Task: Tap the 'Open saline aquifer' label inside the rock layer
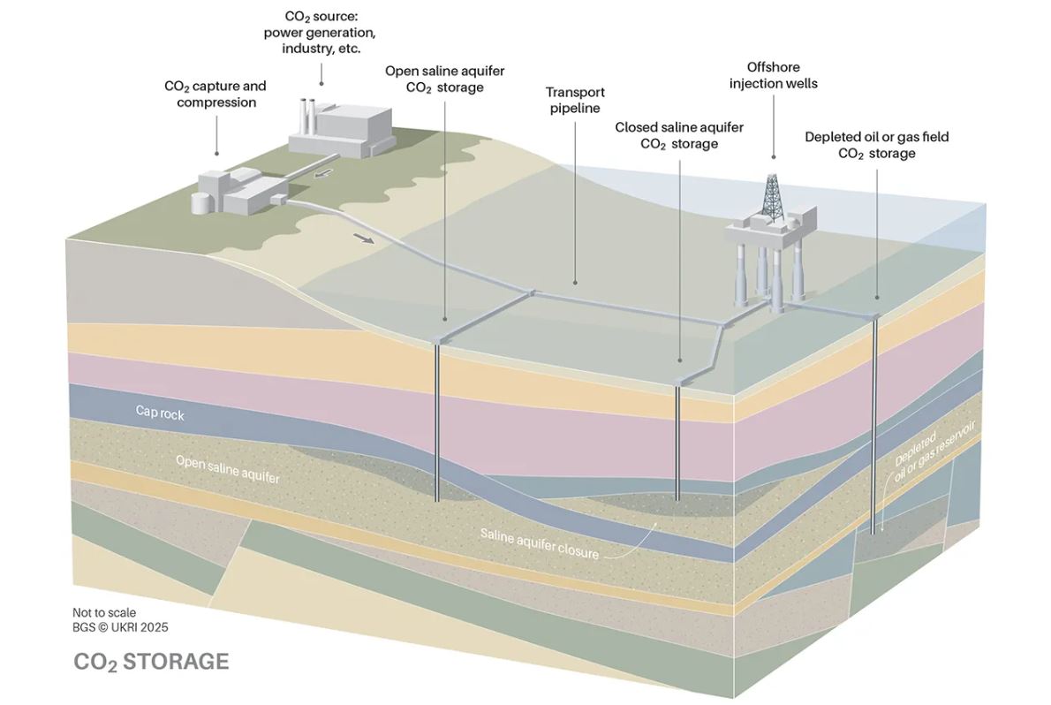(x=227, y=469)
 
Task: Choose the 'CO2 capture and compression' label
(x=215, y=94)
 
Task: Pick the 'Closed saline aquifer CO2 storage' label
(x=679, y=135)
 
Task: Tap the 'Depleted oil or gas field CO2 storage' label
(x=876, y=145)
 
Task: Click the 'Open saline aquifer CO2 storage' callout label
(x=444, y=79)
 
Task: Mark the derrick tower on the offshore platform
(x=773, y=196)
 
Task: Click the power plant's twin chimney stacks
(x=307, y=112)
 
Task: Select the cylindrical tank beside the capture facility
(x=202, y=201)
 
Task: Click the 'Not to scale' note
(x=104, y=611)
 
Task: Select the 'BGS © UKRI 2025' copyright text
(x=120, y=626)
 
